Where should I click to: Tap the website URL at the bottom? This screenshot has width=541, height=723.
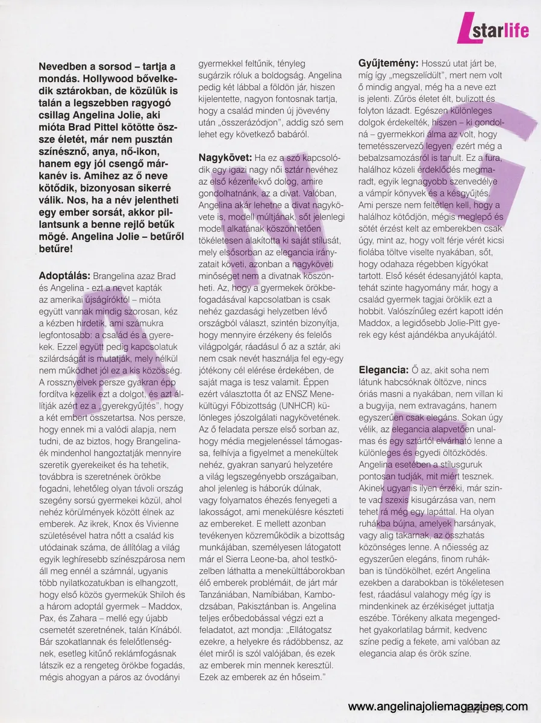[438, 707]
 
